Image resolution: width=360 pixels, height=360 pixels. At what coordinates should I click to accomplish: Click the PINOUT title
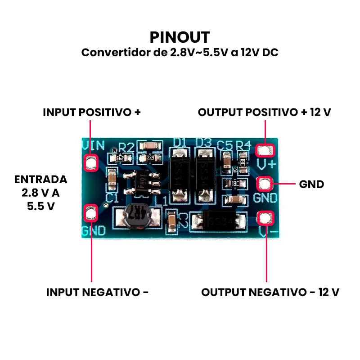click(180, 37)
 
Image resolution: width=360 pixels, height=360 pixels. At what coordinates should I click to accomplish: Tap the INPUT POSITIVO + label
click(92, 112)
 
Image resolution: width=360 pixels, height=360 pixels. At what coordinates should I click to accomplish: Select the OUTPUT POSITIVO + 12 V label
click(264, 112)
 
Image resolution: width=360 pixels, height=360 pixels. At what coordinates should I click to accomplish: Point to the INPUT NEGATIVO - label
click(97, 292)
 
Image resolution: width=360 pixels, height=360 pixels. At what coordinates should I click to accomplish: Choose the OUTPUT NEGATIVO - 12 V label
click(270, 292)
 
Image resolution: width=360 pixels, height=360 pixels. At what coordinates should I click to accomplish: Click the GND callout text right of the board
click(311, 184)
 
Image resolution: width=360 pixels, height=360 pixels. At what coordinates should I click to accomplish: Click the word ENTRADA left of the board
click(40, 179)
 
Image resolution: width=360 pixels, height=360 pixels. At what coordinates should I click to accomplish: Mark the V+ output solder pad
click(265, 150)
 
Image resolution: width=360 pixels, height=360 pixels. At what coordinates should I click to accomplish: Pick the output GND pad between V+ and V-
click(264, 184)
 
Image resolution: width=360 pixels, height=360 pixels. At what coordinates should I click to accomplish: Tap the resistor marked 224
click(150, 158)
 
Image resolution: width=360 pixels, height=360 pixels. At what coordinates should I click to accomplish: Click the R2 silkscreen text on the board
click(126, 147)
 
